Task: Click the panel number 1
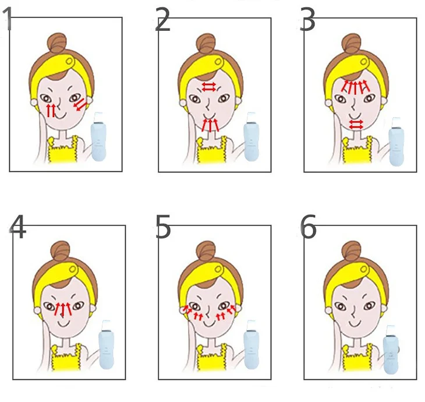coord(8,19)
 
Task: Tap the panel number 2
coord(162,19)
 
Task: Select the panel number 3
coord(307,19)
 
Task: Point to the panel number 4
coord(18,227)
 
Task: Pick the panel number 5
coord(163,227)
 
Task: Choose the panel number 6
coord(308,227)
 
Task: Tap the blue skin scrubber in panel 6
coord(392,350)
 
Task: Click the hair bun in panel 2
coord(206,44)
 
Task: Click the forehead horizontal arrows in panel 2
coord(209,87)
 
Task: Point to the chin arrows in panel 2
coord(211,125)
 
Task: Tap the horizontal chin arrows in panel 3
coord(356,125)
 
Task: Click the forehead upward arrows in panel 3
coord(355,87)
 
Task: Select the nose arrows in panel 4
coord(63,309)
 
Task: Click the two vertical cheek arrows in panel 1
coord(51,110)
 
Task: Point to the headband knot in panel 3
coord(364,62)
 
